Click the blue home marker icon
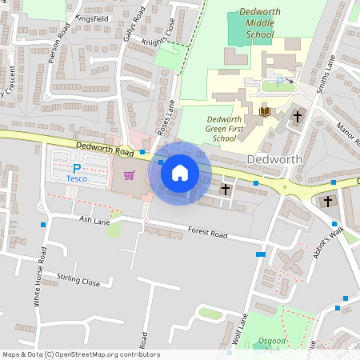[x=180, y=172]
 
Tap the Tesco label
[x=77, y=178]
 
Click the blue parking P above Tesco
[x=77, y=168]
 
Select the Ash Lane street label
[x=94, y=218]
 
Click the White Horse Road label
[x=36, y=277]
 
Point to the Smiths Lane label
[x=325, y=74]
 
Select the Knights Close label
[x=158, y=38]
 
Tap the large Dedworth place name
[x=274, y=158]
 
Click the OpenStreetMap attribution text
[x=81, y=354]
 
